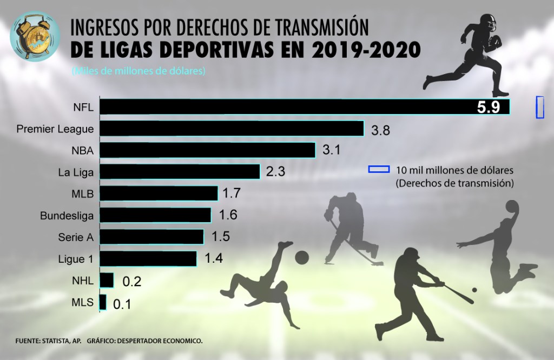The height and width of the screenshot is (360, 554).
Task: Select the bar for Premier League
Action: [232, 129]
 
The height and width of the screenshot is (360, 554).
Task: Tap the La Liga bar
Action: [180, 172]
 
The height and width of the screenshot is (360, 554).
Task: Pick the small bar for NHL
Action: [107, 280]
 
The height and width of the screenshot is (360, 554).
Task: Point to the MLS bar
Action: [103, 302]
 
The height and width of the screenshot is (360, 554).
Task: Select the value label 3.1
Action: [331, 150]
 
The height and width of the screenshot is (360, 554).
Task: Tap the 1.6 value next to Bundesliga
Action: [228, 215]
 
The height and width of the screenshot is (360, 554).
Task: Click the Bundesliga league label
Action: [67, 216]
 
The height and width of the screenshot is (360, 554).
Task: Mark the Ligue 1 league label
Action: [75, 259]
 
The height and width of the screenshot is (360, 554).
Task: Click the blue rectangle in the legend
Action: [379, 169]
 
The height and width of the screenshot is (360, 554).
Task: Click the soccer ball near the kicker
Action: [301, 256]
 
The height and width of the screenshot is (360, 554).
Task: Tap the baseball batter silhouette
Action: [411, 289]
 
